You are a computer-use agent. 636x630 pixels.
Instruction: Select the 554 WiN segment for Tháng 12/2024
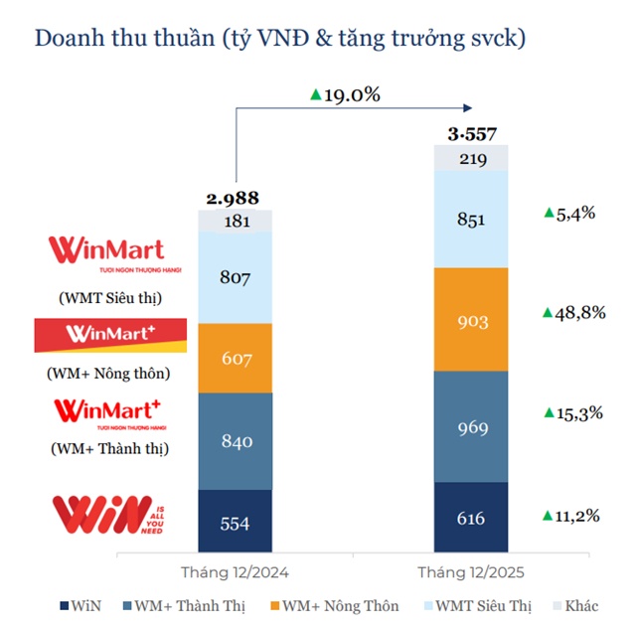point(236,521)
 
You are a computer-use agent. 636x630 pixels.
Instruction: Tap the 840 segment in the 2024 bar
point(236,441)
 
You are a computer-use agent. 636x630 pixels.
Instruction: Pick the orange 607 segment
point(236,358)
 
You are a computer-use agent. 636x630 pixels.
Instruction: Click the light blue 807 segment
point(236,279)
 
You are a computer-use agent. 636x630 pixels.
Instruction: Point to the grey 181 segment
point(236,222)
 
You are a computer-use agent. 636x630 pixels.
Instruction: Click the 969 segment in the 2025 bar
point(471,427)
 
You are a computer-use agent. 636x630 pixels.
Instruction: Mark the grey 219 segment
point(471,157)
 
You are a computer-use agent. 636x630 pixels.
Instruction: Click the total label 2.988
point(236,198)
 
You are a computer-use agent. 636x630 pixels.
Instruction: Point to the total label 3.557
point(471,133)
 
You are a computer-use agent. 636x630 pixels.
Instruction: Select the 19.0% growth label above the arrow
point(345,94)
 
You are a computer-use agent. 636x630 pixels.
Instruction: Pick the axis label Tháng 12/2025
point(471,572)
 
